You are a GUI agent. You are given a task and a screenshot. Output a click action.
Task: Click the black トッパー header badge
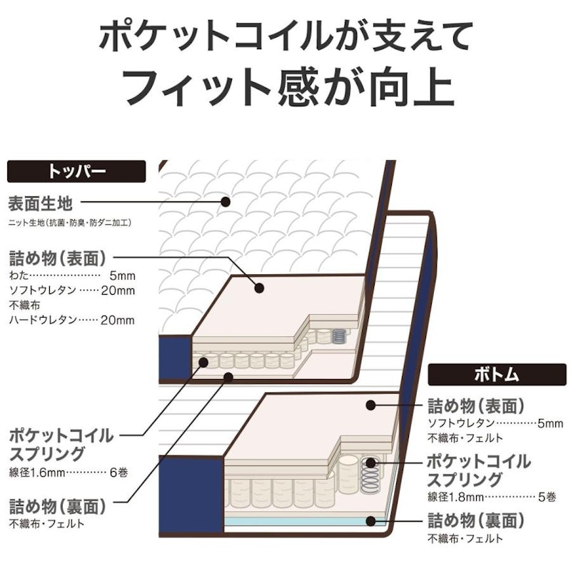click(76, 171)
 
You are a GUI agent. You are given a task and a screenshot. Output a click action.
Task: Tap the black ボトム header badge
click(497, 374)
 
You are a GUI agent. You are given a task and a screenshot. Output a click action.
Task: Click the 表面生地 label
click(41, 203)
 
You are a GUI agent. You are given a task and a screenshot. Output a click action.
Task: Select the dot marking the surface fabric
click(226, 201)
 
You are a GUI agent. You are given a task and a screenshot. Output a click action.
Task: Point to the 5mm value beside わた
click(122, 276)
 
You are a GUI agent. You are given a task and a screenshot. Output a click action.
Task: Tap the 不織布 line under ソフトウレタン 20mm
click(24, 305)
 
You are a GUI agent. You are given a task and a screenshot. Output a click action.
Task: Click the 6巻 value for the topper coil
click(118, 473)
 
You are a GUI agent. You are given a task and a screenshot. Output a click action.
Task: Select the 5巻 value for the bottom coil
click(547, 497)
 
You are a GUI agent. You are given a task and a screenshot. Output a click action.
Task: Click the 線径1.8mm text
click(455, 497)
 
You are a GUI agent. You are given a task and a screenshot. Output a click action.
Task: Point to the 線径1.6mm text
click(37, 473)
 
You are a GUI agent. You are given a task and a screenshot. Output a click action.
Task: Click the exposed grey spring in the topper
click(338, 336)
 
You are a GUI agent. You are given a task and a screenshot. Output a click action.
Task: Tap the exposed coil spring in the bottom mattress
click(370, 473)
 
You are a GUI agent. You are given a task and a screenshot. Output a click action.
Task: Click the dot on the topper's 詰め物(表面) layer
click(259, 288)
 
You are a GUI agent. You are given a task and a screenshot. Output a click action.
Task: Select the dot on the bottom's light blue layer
click(370, 521)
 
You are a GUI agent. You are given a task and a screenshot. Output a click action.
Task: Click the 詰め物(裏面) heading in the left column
click(57, 506)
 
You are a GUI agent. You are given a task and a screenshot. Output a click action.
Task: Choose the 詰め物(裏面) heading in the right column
click(476, 520)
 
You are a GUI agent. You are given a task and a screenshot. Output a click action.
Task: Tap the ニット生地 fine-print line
click(69, 223)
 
